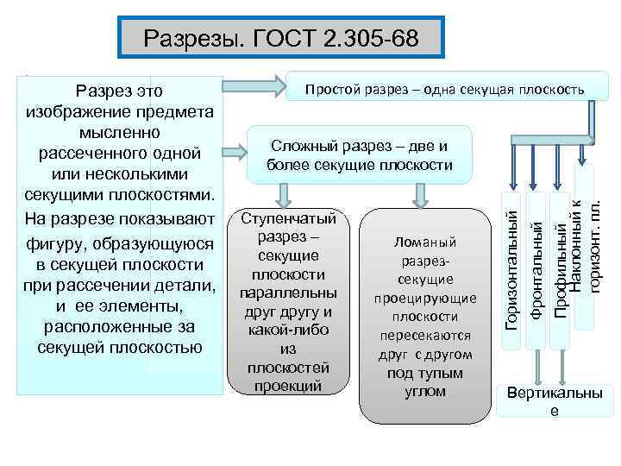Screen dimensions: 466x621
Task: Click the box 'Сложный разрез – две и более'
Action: pyautogui.click(x=360, y=154)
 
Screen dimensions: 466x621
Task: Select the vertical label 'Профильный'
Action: pyautogui.click(x=561, y=268)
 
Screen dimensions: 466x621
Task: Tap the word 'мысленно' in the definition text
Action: pyautogui.click(x=120, y=132)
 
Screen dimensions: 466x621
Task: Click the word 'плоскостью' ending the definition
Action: pyautogui.click(x=156, y=348)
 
